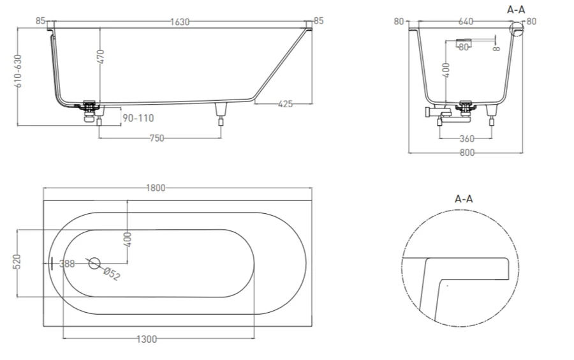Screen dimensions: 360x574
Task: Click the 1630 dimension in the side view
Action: click(180, 22)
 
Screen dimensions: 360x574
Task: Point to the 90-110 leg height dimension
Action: click(138, 117)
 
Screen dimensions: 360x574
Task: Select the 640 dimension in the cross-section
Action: click(466, 22)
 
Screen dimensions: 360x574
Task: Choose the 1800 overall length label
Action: click(156, 188)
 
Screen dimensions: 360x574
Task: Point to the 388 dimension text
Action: click(66, 264)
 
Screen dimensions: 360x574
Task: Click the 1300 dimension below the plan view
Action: click(147, 339)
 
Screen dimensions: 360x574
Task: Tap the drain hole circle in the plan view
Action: click(94, 262)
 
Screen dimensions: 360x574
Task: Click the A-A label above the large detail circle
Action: click(464, 199)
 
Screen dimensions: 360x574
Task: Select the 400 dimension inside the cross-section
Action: click(445, 69)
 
